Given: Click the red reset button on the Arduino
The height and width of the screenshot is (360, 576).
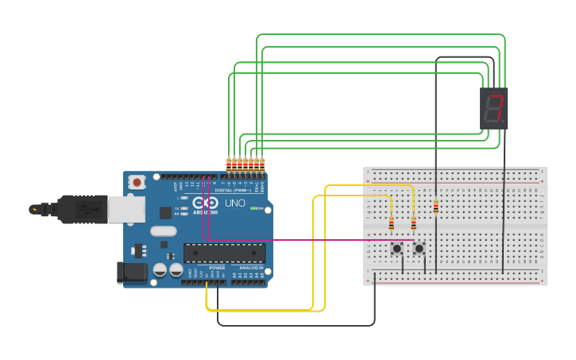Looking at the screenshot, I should coord(137,183).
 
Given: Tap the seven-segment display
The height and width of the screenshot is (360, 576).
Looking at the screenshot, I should coord(494,109).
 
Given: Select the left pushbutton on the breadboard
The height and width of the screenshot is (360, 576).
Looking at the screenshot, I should coord(396,250).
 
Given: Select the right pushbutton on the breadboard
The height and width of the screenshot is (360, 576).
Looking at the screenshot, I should coord(419,250).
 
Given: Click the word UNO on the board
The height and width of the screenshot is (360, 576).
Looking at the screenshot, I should coord(235,203).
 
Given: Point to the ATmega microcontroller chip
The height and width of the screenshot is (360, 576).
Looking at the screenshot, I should coord(225,253).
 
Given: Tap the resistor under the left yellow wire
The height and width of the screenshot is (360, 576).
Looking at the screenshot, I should coord(391,224).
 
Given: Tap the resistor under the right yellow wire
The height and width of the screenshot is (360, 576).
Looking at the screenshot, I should coord(413,224).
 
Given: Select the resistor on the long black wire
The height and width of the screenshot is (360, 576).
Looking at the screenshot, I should coord(435,207).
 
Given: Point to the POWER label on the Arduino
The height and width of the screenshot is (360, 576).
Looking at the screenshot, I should coord(217,268).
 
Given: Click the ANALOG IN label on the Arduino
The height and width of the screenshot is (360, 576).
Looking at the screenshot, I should coord(251,268).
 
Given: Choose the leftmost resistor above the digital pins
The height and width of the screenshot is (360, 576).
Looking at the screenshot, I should coord(228,165).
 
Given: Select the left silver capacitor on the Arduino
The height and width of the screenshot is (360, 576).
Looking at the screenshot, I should coord(160,270).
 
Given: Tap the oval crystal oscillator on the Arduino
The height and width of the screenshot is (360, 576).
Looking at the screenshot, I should coord(162,232).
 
